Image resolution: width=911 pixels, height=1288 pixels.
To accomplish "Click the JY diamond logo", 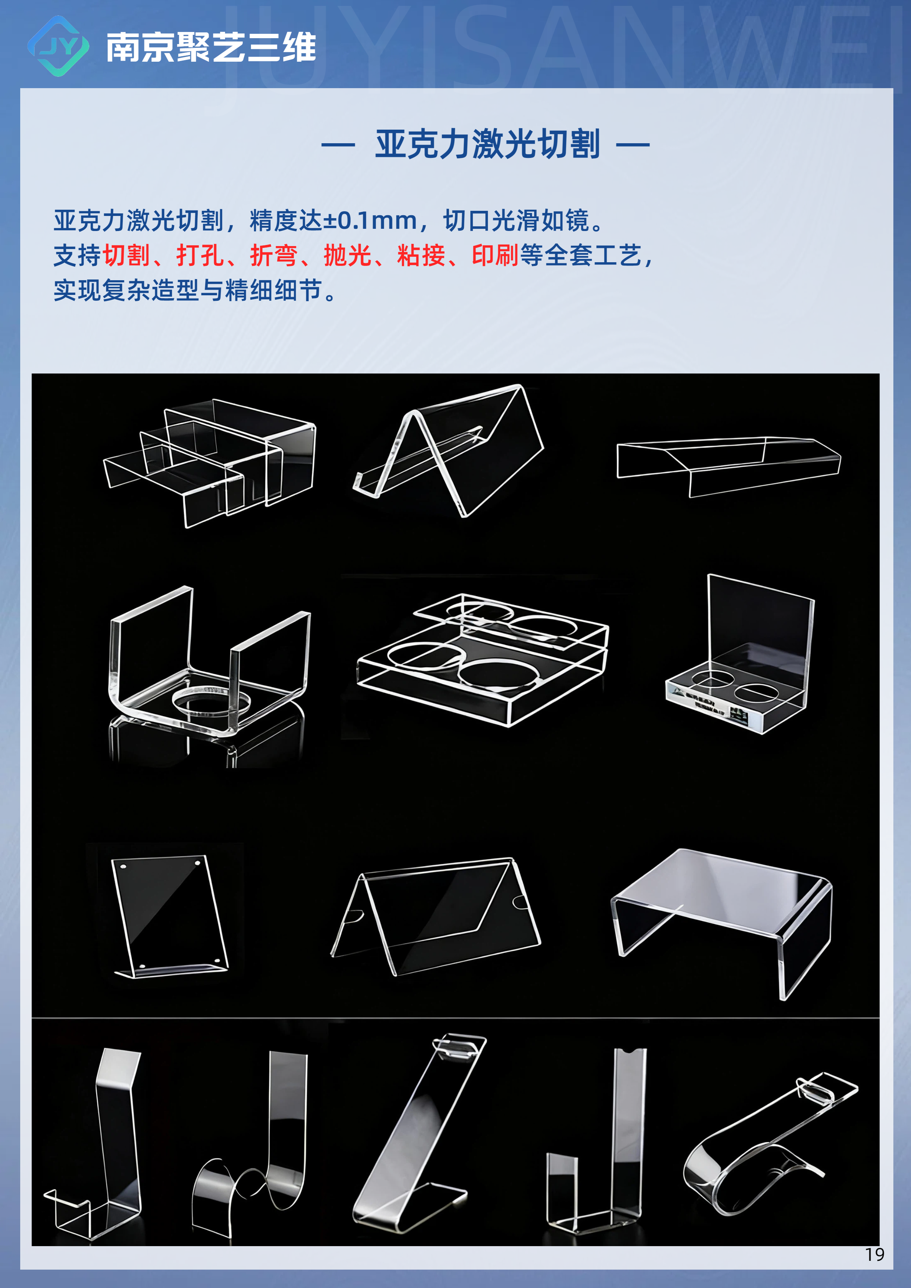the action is [x=58, y=46].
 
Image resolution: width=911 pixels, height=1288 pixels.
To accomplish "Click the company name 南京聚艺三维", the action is [x=211, y=47].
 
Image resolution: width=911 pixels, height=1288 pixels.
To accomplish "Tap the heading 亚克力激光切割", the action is [x=487, y=144].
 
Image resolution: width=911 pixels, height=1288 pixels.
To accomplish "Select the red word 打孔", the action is [x=200, y=256].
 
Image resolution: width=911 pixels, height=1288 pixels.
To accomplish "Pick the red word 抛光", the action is [x=347, y=256].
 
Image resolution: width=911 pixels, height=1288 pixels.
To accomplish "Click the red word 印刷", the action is [x=495, y=256].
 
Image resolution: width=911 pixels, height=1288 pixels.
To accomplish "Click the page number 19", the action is [x=875, y=1254].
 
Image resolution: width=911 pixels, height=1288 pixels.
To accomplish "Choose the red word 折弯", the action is [x=274, y=256].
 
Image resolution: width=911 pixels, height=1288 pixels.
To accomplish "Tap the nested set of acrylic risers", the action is [x=210, y=463].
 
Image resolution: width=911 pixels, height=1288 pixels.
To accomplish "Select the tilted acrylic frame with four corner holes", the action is [x=170, y=916].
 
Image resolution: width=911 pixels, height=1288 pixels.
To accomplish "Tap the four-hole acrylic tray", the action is [x=482, y=660].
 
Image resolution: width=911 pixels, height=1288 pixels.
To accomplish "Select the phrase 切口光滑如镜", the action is [x=516, y=220].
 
